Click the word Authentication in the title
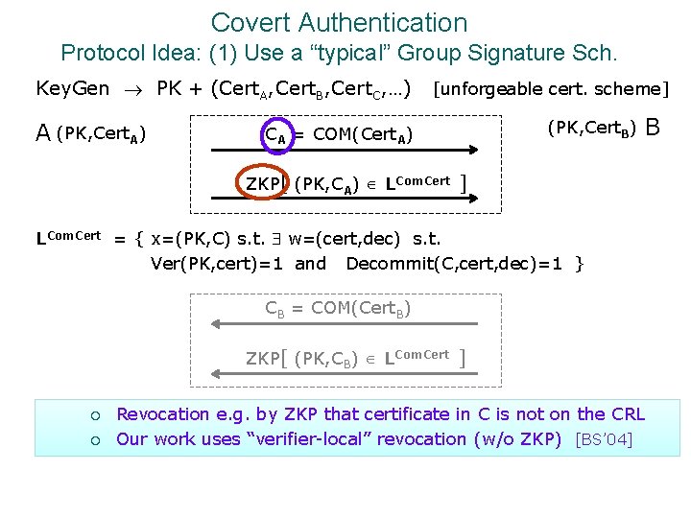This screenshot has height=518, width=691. click(394, 22)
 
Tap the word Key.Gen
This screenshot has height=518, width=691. click(72, 89)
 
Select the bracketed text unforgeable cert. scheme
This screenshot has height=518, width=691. click(551, 89)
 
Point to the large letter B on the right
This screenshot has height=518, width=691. click(654, 127)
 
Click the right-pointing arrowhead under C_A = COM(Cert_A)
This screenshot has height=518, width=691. click(471, 150)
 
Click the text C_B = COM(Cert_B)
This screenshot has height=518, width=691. click(339, 308)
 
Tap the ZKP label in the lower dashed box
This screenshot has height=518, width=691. click(262, 359)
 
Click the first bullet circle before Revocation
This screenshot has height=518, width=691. click(95, 415)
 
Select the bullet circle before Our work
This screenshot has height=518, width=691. click(95, 440)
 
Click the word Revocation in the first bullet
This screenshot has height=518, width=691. click(162, 414)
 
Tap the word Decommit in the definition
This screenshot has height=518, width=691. click(388, 263)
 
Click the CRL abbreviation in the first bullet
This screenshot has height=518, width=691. click(625, 414)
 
